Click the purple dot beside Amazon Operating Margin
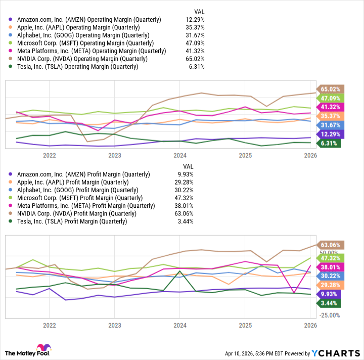coord(11,20)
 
